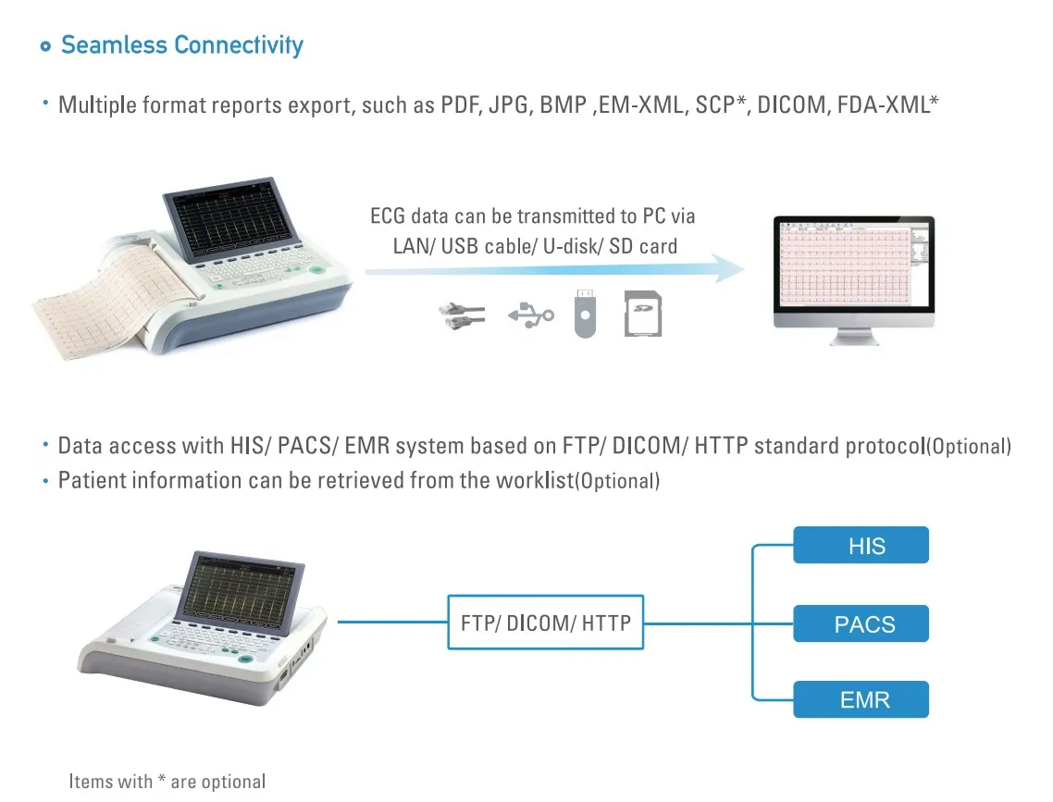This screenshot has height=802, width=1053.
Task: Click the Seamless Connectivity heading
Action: coord(182,45)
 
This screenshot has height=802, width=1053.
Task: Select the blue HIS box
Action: coord(861,545)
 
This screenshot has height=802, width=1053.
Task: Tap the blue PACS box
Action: coord(861,623)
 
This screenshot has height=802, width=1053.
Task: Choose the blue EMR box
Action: coord(861,699)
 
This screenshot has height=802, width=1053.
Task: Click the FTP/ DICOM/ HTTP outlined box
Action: coord(545,623)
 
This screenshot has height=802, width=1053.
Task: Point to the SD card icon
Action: coord(643,314)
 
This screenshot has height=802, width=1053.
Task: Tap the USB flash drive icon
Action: coord(585,314)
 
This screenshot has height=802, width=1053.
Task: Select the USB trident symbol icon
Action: coord(530,315)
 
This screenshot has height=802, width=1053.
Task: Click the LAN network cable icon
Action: coord(462,315)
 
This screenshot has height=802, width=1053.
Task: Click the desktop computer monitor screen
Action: coord(853,265)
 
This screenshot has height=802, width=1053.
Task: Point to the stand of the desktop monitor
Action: coord(854,336)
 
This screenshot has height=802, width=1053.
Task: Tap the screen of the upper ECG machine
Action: coord(229,219)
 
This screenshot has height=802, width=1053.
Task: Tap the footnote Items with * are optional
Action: coord(167,782)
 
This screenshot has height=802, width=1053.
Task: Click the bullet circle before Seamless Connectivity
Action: coord(45,46)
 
